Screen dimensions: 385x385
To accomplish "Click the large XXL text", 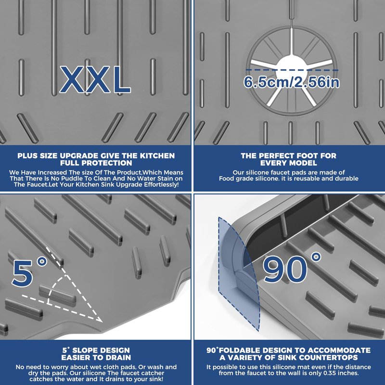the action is point(95,79).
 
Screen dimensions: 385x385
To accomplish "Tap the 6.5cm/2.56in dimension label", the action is point(292,82).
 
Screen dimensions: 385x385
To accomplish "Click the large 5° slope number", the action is point(29,271).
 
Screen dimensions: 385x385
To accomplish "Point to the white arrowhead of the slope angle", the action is point(99,319).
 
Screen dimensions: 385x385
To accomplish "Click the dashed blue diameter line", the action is point(292,70).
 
